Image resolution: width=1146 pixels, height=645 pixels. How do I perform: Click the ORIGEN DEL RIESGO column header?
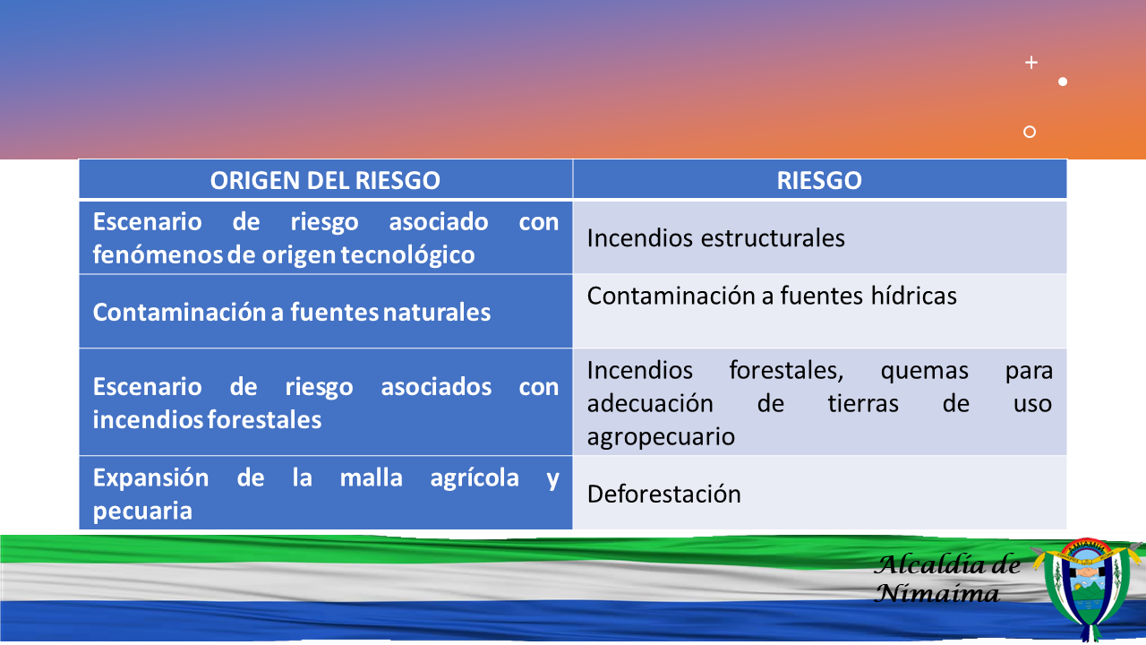point(325,180)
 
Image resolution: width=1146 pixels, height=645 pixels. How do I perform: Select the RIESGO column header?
point(819,180)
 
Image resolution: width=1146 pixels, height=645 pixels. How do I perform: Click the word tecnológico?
point(407,255)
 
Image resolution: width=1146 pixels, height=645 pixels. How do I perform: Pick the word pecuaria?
point(142,512)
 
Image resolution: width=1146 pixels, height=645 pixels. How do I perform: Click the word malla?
point(371,477)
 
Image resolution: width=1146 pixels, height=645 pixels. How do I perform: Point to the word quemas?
point(924,371)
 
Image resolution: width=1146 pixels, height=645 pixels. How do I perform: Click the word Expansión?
point(151,478)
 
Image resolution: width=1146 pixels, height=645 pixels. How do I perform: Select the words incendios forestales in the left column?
point(207,420)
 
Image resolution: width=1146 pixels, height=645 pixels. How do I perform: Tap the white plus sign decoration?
point(1031,63)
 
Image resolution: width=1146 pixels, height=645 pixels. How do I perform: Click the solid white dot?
point(1063,82)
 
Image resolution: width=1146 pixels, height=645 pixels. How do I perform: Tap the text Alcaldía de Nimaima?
point(947,579)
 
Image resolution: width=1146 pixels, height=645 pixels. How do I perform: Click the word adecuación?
point(650,404)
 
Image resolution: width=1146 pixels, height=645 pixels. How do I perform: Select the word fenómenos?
point(158,255)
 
